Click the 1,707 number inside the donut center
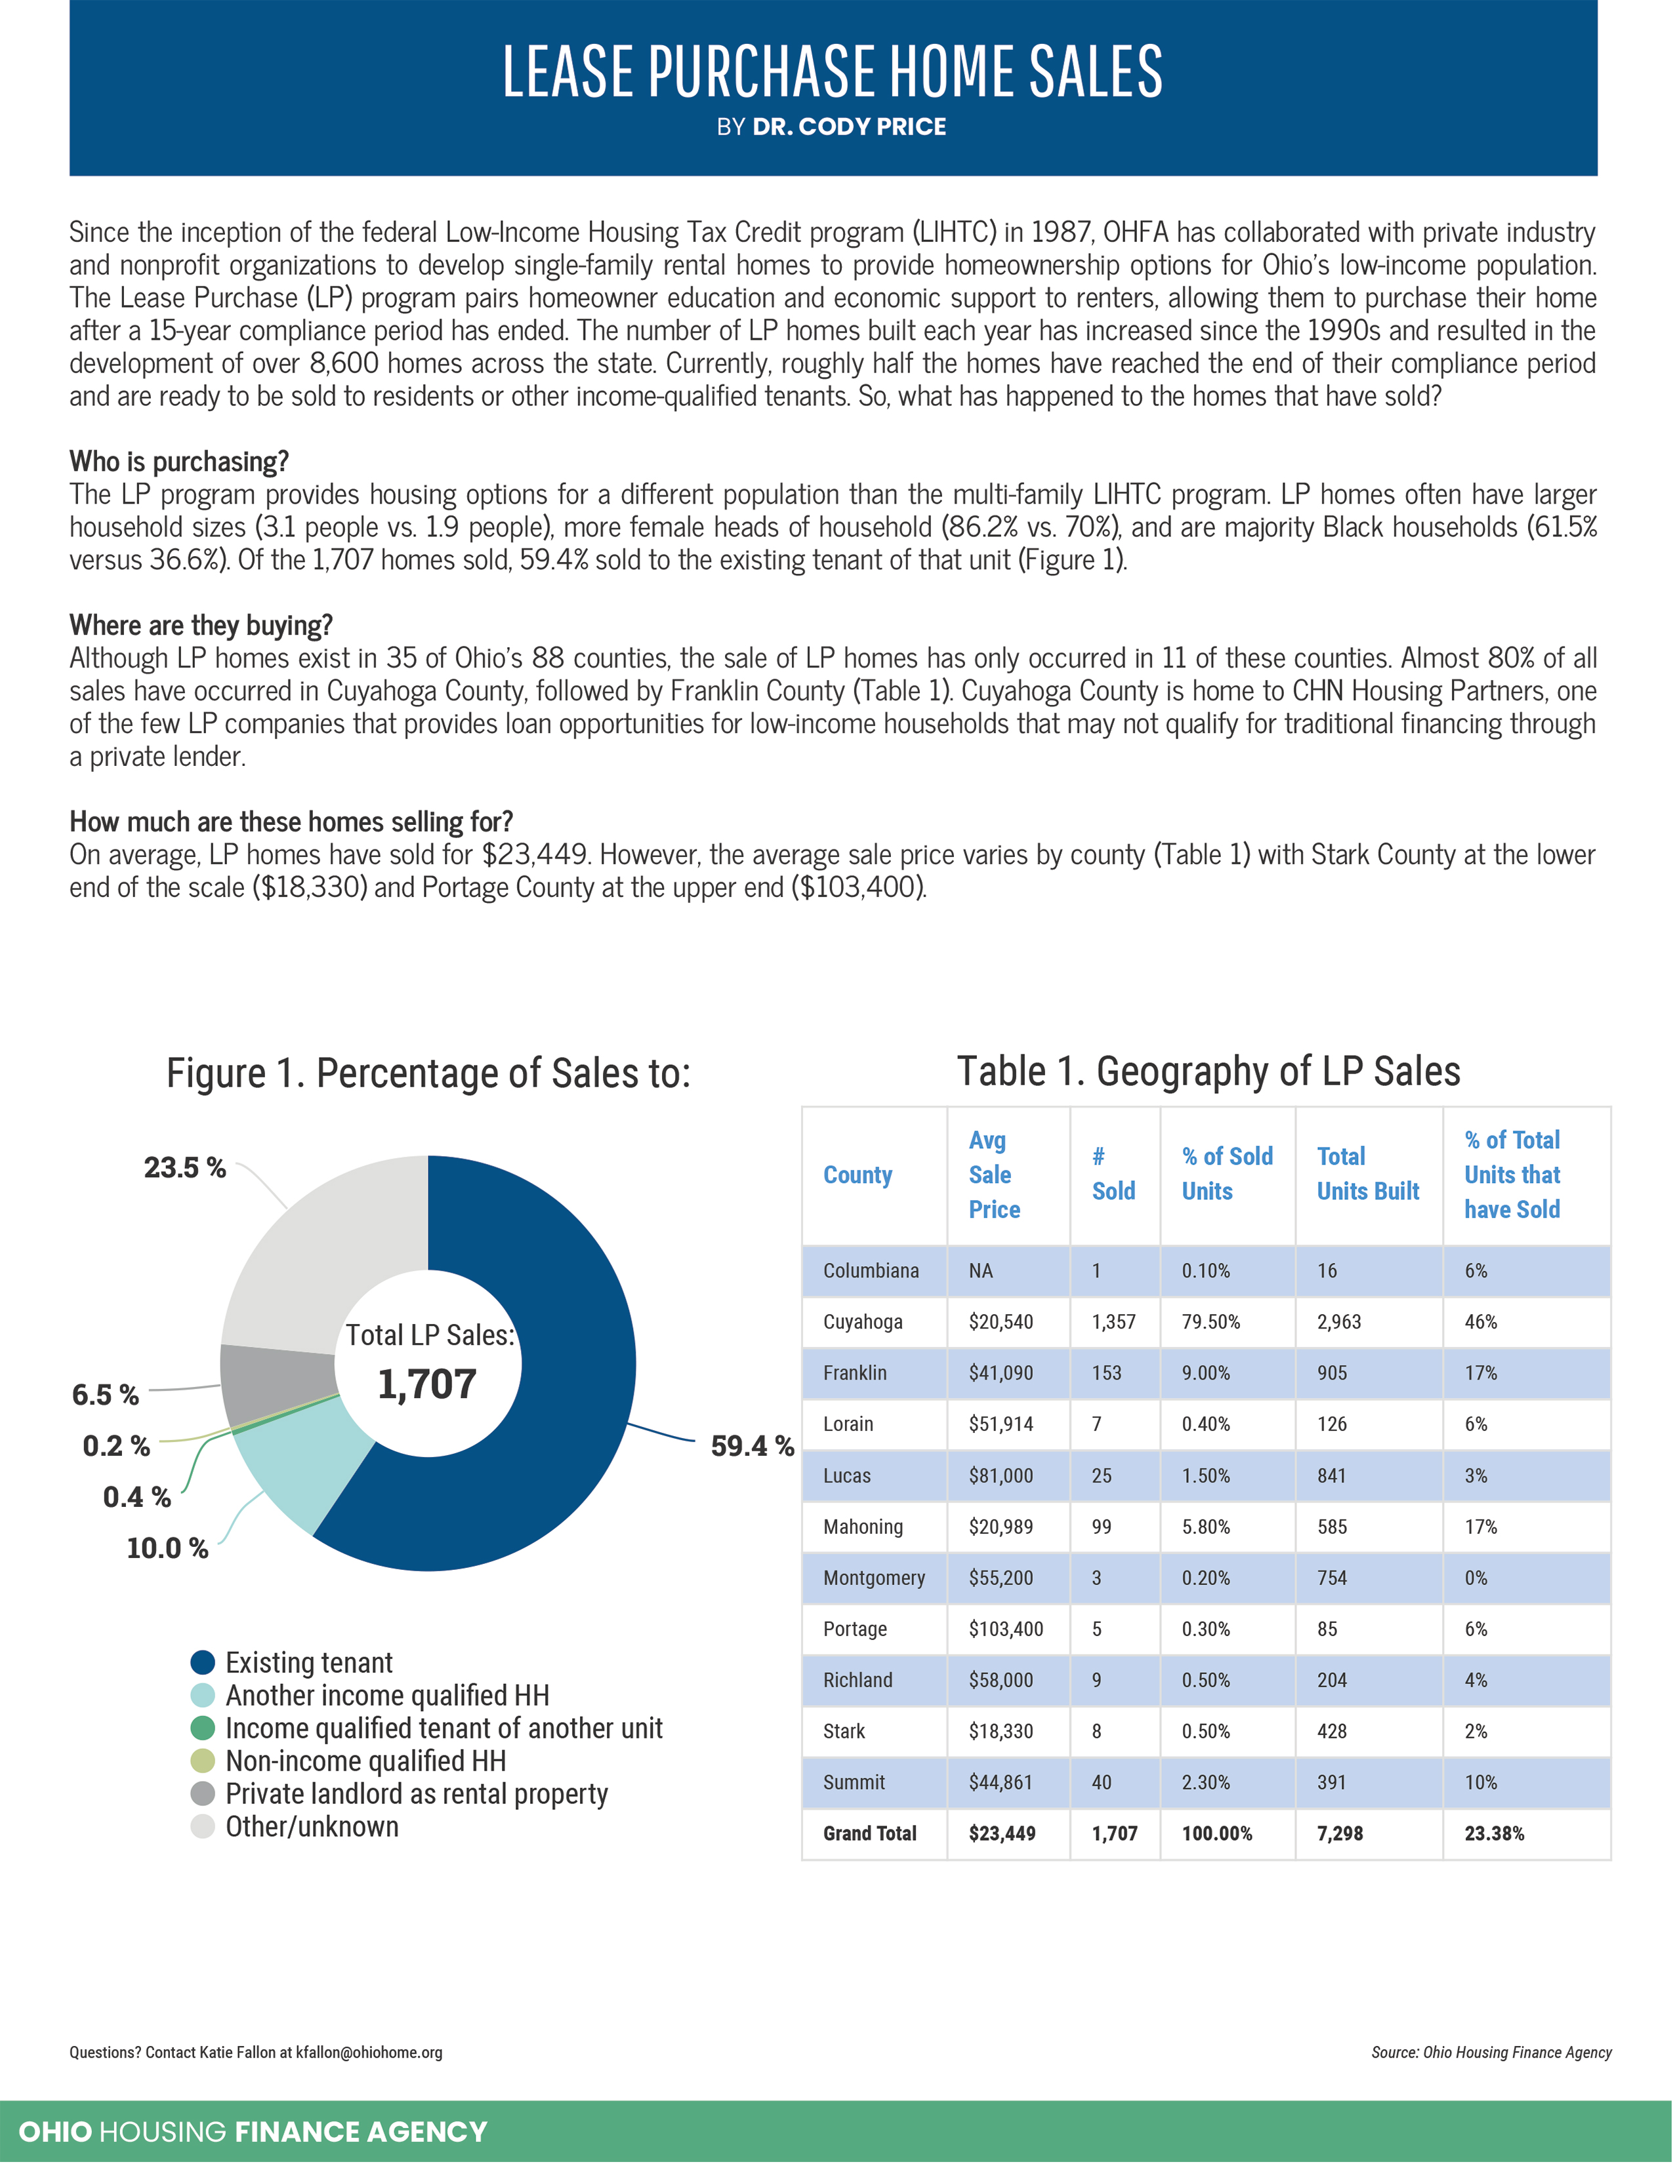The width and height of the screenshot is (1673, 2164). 427,1384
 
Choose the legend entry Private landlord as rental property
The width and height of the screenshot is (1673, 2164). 416,1793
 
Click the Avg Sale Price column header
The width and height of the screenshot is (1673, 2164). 993,1174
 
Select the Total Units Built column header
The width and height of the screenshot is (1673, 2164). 1368,1174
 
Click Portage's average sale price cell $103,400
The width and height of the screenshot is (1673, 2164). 1006,1629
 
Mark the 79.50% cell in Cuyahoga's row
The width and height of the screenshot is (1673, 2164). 1210,1322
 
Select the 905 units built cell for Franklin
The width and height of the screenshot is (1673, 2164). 1332,1373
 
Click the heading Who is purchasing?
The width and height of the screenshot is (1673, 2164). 179,462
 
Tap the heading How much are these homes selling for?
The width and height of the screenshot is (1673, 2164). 291,822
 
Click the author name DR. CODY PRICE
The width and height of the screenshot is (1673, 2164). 850,127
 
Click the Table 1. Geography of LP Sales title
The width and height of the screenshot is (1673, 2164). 1208,1071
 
